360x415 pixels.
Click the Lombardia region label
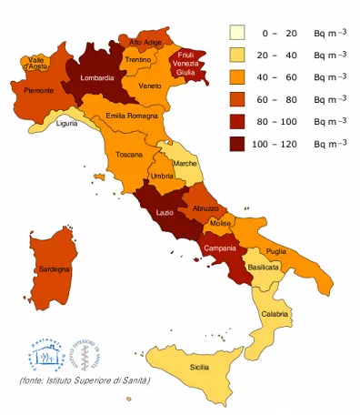[97, 78]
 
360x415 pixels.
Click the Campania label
[221, 248]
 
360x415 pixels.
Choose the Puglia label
[276, 250]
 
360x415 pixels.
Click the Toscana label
[129, 156]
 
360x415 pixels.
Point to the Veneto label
[150, 86]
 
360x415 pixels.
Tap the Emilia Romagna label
[133, 116]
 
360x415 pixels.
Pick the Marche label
[185, 164]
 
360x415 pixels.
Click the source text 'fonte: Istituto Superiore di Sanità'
[85, 379]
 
